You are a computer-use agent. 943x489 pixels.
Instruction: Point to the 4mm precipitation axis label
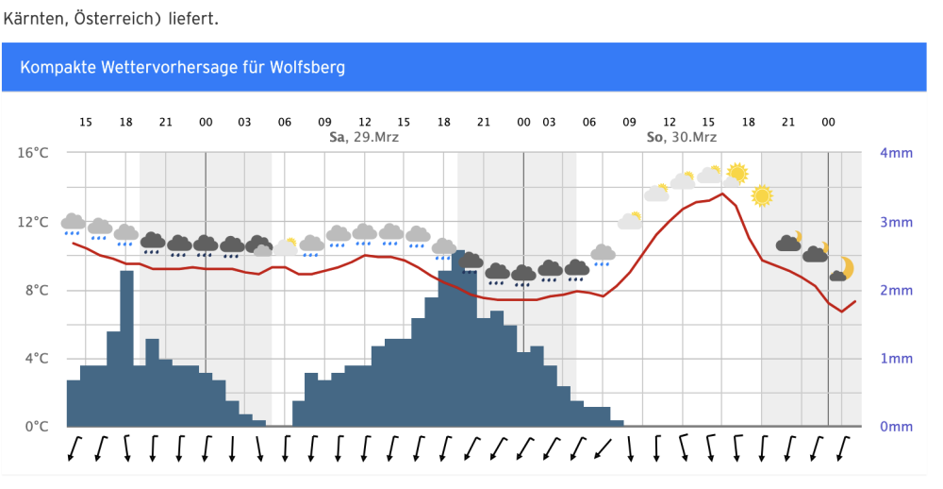[895, 153]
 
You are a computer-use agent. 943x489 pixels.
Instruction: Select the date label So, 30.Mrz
[681, 138]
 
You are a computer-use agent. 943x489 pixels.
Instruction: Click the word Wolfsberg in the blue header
[307, 68]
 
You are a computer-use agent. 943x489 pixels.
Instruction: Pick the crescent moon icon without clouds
[845, 269]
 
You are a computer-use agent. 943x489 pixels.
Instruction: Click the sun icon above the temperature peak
[736, 173]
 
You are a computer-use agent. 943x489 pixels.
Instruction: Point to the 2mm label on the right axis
[895, 290]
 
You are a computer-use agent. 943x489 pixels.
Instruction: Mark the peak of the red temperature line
[722, 194]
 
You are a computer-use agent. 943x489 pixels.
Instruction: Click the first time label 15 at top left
[86, 122]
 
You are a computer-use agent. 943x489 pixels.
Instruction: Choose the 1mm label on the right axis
[895, 359]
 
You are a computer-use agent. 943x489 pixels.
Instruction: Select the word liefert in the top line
[192, 19]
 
